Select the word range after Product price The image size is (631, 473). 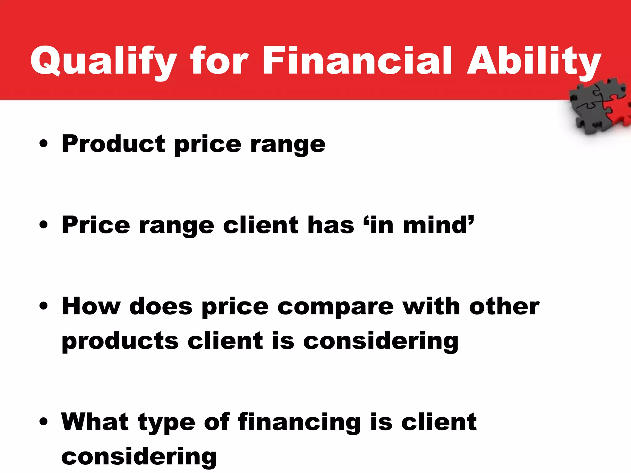point(288,145)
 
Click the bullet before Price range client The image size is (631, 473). point(44,225)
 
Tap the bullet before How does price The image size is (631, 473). point(44,306)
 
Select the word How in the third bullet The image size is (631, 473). point(91,306)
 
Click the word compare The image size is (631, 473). point(336,307)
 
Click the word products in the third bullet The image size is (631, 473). point(120,342)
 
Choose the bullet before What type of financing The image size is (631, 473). point(44,422)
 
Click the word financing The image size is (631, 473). point(299,422)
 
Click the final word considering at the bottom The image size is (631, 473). point(139,457)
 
